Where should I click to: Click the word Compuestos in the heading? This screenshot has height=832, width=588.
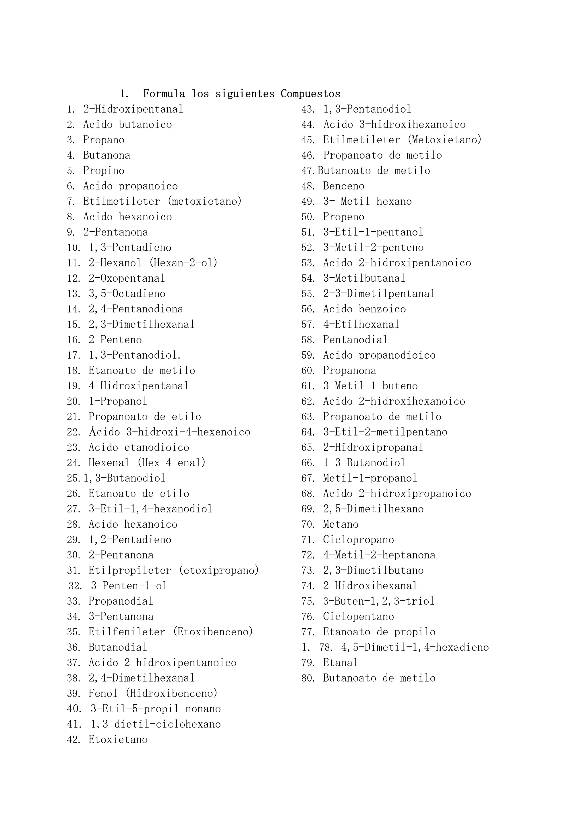coord(310,94)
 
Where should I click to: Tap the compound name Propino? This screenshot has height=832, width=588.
coord(104,171)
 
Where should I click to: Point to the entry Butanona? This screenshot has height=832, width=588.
coord(107,155)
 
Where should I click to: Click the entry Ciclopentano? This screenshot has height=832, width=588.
coord(358,617)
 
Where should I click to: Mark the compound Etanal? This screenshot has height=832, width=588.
coord(340,663)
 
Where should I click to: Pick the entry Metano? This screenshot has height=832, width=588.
coord(341,524)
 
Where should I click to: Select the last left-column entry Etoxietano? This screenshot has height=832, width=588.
coord(118,740)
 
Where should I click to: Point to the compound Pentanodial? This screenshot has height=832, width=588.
coord(355,340)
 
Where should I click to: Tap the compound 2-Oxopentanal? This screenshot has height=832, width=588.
coord(127,278)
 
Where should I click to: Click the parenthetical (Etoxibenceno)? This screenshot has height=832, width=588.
coord(213,632)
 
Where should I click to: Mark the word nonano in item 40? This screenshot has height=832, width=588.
coord(203,709)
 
